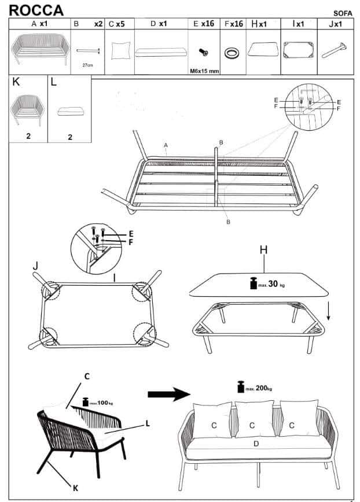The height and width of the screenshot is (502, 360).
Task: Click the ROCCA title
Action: [x=36, y=10]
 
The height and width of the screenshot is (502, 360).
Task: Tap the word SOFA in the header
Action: [x=343, y=13]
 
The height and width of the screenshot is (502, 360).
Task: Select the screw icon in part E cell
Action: [x=203, y=53]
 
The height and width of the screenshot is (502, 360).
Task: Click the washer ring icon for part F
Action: [x=233, y=53]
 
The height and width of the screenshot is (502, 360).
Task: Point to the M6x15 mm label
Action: [x=204, y=71]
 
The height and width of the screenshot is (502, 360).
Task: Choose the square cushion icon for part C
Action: [x=120, y=51]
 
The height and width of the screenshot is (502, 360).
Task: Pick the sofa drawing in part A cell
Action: [x=39, y=50]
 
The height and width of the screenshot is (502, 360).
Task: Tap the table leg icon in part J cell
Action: [x=335, y=50]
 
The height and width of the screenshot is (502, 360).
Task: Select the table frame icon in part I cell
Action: [x=299, y=50]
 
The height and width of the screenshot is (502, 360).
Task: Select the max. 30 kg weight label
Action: [x=267, y=284]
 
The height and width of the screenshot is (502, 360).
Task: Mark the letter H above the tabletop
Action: [x=264, y=249]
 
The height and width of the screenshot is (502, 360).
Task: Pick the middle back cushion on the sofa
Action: [x=254, y=418]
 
